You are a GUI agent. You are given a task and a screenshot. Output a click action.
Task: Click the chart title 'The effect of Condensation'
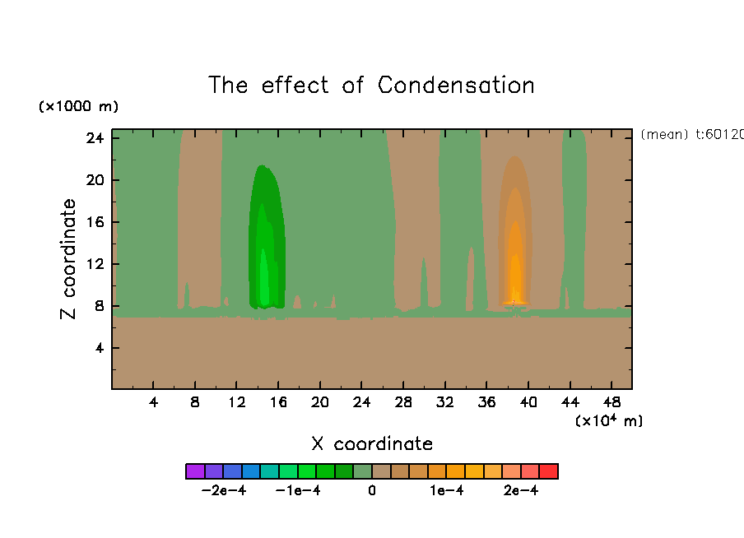(371, 86)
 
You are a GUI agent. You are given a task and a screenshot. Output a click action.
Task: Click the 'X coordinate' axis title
(372, 444)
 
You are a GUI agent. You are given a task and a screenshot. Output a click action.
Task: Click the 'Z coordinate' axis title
(69, 259)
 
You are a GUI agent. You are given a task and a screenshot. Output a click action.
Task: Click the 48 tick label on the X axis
(611, 402)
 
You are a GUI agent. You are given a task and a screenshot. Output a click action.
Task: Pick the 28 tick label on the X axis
(402, 402)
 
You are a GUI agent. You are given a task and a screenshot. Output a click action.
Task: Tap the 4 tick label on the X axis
(154, 402)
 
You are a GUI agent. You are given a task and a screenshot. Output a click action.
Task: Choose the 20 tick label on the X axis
(319, 402)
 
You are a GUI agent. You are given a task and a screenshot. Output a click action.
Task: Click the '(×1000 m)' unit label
(78, 107)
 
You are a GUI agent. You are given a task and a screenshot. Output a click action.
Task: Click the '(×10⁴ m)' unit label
(609, 421)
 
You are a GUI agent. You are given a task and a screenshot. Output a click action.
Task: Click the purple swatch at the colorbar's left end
(195, 471)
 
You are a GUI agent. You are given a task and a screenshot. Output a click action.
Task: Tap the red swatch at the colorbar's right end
(549, 471)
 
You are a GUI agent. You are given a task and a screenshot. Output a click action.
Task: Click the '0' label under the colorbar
(372, 491)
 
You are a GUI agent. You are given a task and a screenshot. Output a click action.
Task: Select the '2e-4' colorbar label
(521, 491)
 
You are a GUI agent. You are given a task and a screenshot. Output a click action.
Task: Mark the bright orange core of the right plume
(515, 280)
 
